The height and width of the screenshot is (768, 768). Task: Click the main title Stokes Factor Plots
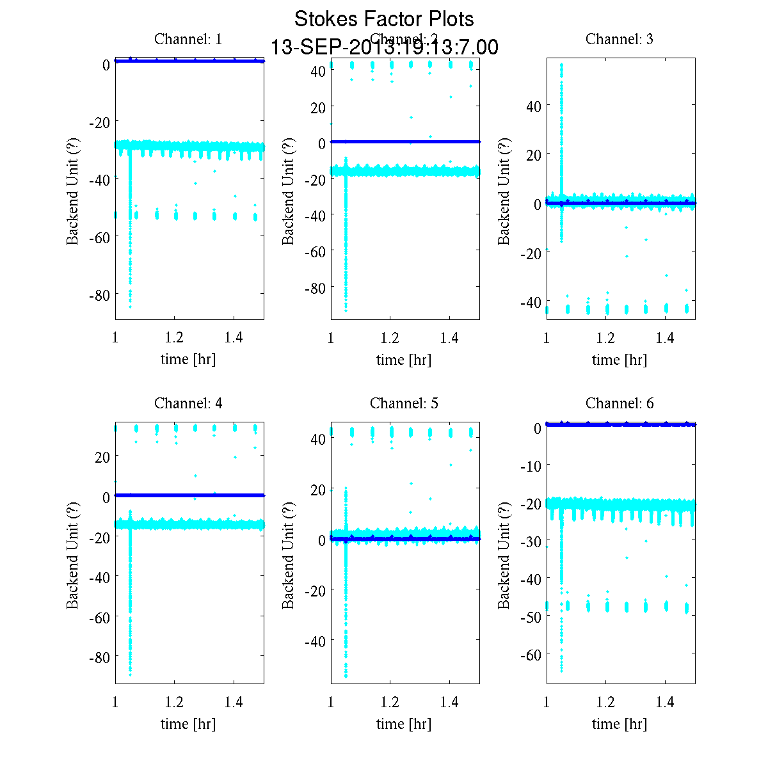point(384,19)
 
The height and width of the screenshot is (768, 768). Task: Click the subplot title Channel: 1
point(188,39)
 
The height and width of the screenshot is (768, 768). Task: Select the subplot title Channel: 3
point(620,39)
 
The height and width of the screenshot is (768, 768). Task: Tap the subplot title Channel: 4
point(188,403)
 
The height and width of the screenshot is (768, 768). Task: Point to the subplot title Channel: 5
point(404,403)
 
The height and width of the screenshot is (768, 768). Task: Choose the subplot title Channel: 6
point(620,403)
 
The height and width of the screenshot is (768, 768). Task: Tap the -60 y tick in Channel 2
point(315,252)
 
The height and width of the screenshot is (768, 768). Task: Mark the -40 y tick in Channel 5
point(315,641)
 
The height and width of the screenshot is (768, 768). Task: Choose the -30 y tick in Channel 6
point(531,541)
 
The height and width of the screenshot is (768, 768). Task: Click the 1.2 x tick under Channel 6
point(605,702)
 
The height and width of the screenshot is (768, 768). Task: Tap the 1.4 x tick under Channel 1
point(234,338)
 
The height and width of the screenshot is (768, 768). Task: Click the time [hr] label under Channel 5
point(404,724)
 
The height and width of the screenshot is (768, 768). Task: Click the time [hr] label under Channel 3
point(620,360)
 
